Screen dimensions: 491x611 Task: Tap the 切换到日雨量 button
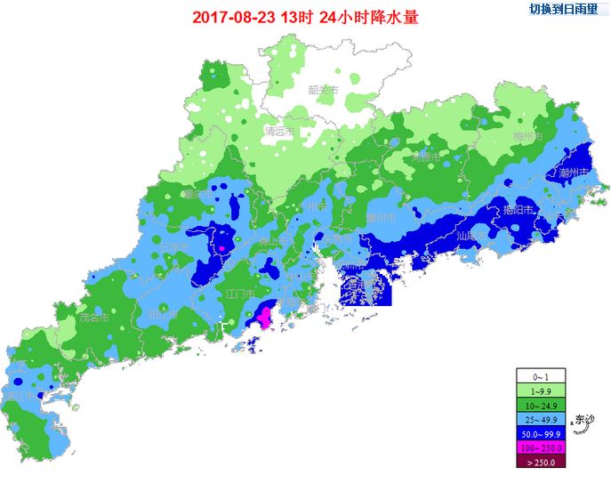[x=563, y=10]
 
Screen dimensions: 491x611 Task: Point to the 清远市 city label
[x=279, y=132]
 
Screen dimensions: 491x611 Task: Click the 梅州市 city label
[x=527, y=137]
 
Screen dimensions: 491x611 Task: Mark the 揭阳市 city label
[x=518, y=210]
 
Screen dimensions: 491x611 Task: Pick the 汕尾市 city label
[x=470, y=237]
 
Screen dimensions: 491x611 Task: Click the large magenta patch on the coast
[x=264, y=315]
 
